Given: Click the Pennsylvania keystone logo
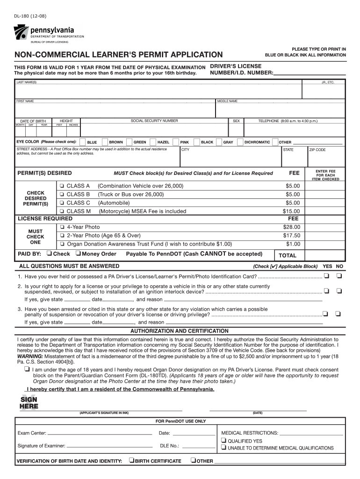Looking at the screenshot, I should click(21, 32).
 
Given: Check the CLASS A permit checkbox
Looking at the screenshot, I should click(62, 186).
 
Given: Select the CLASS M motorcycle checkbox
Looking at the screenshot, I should click(62, 211).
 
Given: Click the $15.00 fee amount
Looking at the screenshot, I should click(292, 211).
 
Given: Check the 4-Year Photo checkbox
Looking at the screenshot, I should click(62, 227).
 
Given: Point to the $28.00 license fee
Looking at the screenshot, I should click(292, 227).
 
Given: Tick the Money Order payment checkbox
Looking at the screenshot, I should click(78, 254).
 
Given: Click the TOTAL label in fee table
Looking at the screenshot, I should click(288, 255).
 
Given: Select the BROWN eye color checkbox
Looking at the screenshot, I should click(105, 142).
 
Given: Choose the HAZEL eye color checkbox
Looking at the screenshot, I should click(153, 142).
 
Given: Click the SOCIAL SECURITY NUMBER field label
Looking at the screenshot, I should click(154, 121).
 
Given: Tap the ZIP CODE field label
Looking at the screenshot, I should click(317, 150).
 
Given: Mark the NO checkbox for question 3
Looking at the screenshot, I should click(339, 313).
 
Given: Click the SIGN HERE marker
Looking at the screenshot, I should click(29, 403).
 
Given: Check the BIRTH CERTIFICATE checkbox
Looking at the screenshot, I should click(131, 461).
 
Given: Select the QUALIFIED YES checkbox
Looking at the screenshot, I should click(223, 441).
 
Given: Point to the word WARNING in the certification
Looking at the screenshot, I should click(30, 356).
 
